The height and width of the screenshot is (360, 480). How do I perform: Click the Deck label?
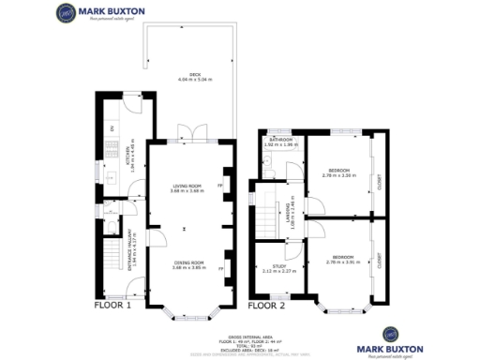point(195,77)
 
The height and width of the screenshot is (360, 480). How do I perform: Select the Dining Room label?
point(187,266)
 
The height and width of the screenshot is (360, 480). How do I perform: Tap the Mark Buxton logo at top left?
point(95,15)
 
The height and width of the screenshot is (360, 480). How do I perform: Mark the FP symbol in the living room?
point(220,186)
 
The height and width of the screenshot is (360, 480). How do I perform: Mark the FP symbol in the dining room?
point(220,269)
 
